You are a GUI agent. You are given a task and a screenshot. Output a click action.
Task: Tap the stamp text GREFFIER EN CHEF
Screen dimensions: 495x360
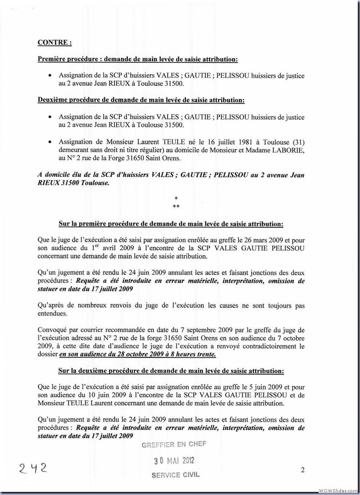pyautogui.click(x=174, y=445)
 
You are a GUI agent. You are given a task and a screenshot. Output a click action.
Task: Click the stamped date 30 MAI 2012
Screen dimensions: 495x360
pyautogui.click(x=174, y=461)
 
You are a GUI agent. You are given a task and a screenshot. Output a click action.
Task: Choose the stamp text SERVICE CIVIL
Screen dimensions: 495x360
pyautogui.click(x=175, y=475)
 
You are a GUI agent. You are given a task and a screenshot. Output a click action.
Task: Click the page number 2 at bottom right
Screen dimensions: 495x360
pyautogui.click(x=303, y=471)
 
